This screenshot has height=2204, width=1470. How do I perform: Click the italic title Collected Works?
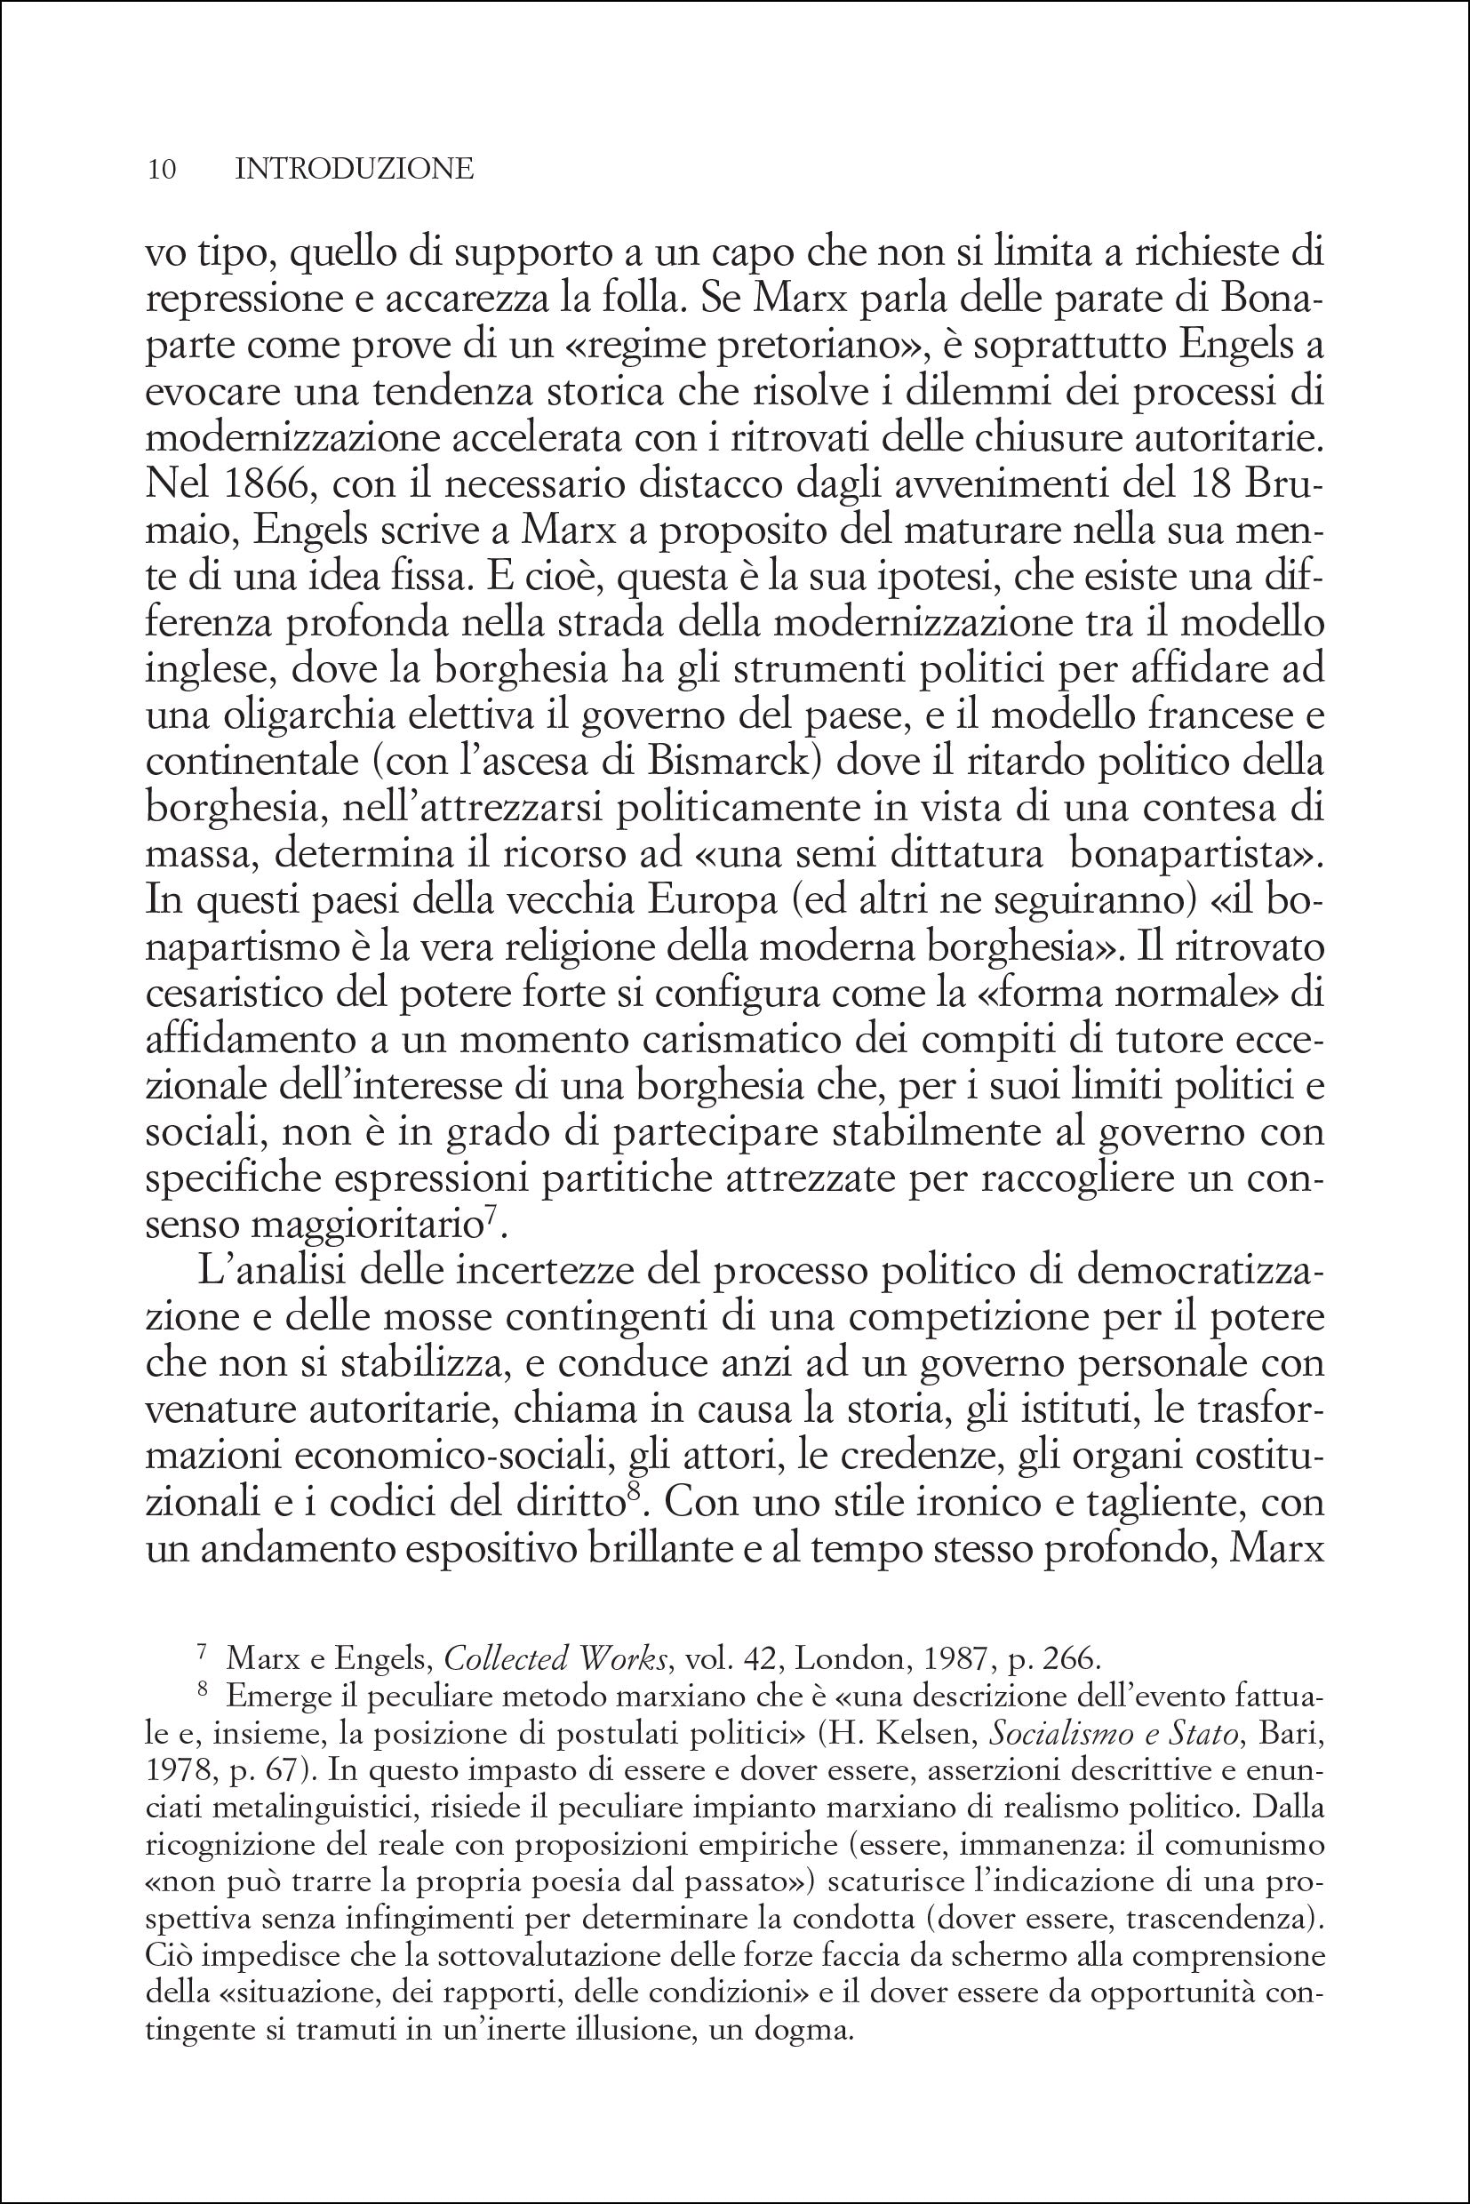tap(555, 1658)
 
